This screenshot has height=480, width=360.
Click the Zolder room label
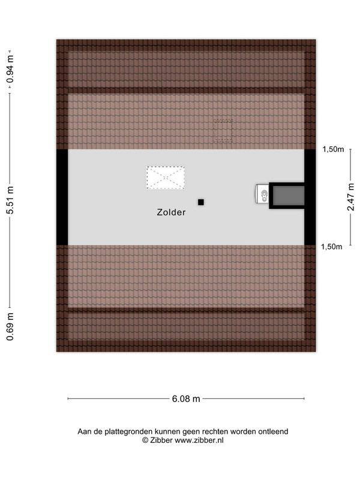(x=171, y=212)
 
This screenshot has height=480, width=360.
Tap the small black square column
(x=201, y=202)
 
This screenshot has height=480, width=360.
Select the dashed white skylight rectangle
(x=166, y=178)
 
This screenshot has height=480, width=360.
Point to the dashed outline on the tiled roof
(x=223, y=131)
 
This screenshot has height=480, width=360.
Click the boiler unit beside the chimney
(x=262, y=193)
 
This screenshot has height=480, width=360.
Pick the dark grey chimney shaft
(x=289, y=196)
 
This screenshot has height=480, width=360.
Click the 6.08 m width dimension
(x=186, y=399)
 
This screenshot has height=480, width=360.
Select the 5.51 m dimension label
(x=10, y=200)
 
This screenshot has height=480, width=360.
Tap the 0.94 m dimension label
(x=10, y=69)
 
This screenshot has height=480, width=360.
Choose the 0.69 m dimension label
(x=10, y=326)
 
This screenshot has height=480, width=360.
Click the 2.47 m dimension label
(x=351, y=197)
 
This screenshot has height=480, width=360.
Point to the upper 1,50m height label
(x=333, y=149)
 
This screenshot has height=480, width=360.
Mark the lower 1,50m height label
(x=332, y=247)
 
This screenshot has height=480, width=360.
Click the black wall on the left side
(x=62, y=197)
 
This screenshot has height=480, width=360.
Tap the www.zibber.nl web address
(x=199, y=440)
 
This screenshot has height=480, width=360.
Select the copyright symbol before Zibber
(x=145, y=440)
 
